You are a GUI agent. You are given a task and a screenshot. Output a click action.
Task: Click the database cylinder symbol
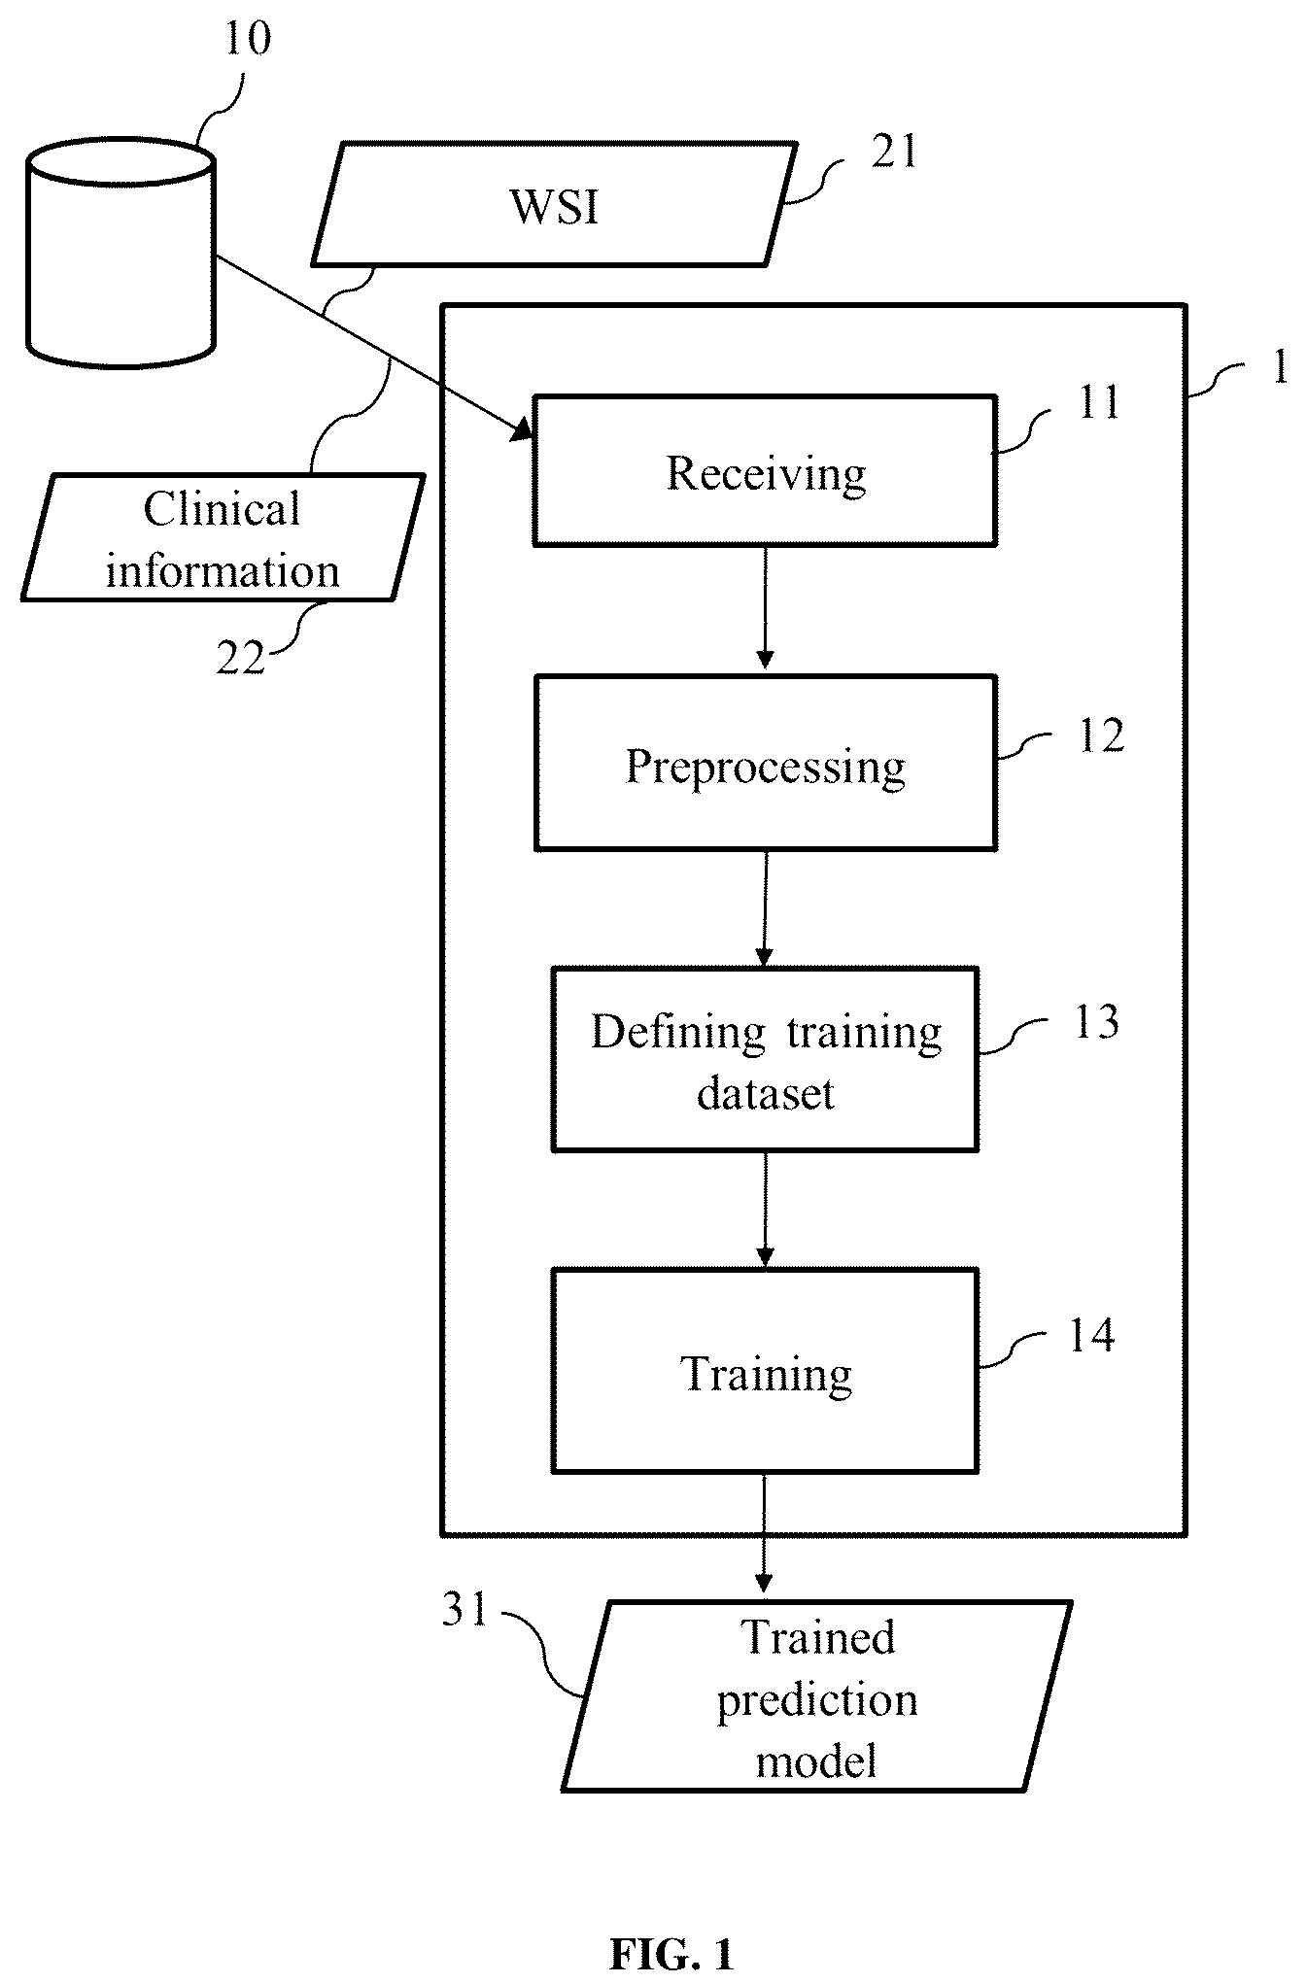[121, 254]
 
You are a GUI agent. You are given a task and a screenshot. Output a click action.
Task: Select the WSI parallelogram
[554, 204]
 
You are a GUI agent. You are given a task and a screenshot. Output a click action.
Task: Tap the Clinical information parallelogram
[223, 537]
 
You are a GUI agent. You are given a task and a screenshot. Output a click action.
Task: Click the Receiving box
[766, 470]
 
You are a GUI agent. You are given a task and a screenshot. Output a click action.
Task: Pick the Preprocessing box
[766, 763]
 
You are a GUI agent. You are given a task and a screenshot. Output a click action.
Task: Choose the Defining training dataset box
[766, 1059]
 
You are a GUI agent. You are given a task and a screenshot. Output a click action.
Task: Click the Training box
[766, 1370]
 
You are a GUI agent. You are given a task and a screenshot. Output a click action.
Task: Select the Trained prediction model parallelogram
[816, 1696]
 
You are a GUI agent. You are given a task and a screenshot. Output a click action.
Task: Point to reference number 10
[248, 38]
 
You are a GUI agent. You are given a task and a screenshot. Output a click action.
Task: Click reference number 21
[894, 152]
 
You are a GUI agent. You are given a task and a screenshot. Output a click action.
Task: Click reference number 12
[1101, 735]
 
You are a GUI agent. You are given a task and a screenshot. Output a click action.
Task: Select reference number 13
[1097, 1022]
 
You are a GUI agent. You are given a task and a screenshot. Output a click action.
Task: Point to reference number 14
[1091, 1335]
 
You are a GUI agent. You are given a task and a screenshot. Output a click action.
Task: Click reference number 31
[464, 1610]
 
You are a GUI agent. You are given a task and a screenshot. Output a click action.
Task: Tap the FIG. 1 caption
[671, 1953]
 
